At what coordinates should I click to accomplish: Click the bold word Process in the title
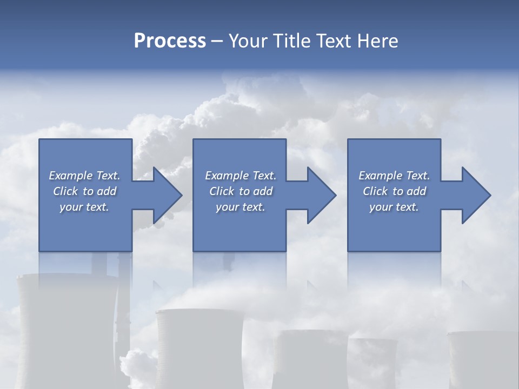[x=170, y=41]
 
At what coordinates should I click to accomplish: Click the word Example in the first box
[x=70, y=176]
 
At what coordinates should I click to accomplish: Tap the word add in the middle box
[x=263, y=191]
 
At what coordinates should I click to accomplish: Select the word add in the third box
[x=416, y=191]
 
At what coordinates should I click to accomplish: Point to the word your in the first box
[x=71, y=207]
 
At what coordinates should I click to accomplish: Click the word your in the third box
[x=381, y=207]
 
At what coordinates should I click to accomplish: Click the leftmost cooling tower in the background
[x=65, y=330]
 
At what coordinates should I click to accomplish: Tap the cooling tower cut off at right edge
[x=484, y=359]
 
